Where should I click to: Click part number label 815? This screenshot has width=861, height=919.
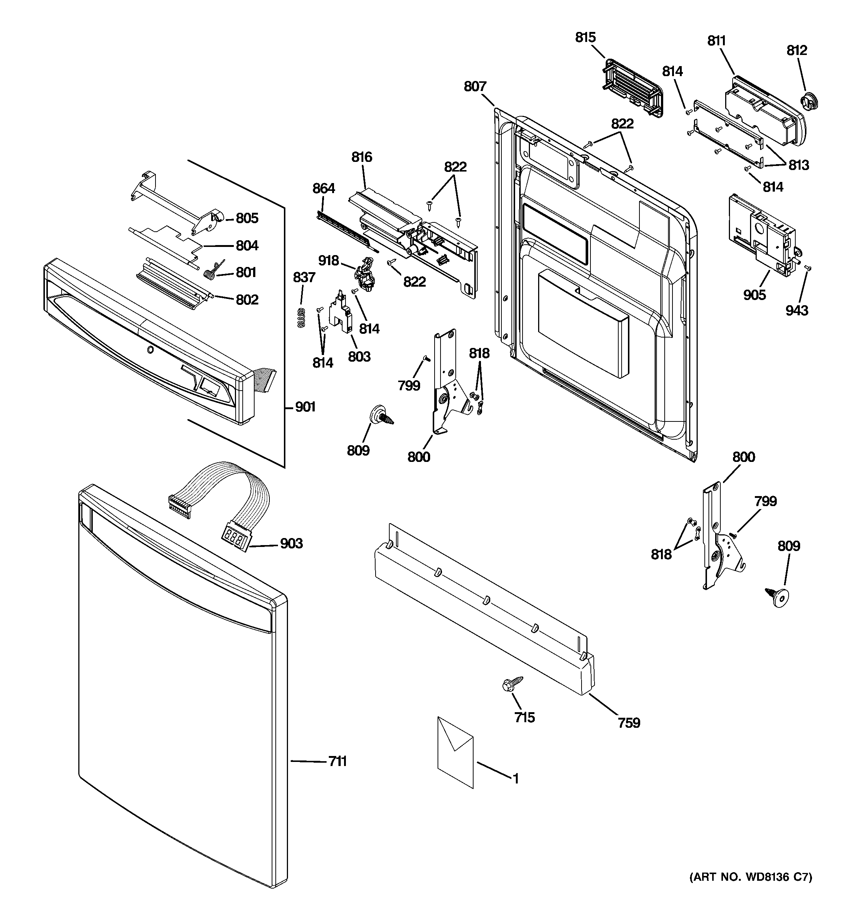pos(585,38)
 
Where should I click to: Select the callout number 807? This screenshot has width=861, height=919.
pos(475,87)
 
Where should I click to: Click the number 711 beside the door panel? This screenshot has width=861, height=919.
pos(337,761)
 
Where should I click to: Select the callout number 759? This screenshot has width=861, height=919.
pos(629,723)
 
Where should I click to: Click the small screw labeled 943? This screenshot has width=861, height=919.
pos(808,268)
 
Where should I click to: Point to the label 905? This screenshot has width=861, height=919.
pos(754,294)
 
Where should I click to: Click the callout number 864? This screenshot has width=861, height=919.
pos(324,188)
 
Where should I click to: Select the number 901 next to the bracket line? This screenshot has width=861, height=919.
pos(305,407)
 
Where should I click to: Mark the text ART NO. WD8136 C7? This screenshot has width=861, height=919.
pos(750,890)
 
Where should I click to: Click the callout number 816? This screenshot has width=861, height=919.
pos(361,157)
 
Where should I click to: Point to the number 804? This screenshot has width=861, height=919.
pos(247,245)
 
